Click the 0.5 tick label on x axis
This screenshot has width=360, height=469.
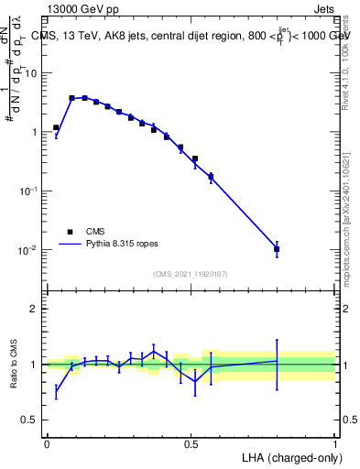click(x=191, y=443)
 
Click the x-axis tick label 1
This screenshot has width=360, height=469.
click(x=335, y=443)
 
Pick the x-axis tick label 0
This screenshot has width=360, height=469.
click(x=47, y=443)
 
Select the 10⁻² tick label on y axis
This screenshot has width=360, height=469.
click(x=27, y=250)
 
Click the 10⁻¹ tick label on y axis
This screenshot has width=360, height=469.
click(x=27, y=191)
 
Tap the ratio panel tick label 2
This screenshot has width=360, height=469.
click(x=34, y=309)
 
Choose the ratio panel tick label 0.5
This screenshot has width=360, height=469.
click(x=29, y=420)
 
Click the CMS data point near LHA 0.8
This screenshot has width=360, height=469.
click(x=277, y=249)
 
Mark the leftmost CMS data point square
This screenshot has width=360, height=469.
click(x=56, y=128)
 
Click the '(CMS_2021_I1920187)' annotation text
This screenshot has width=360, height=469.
click(x=190, y=273)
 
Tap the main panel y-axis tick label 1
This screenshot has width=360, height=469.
click(x=34, y=132)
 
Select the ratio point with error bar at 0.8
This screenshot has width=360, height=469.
click(x=277, y=361)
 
